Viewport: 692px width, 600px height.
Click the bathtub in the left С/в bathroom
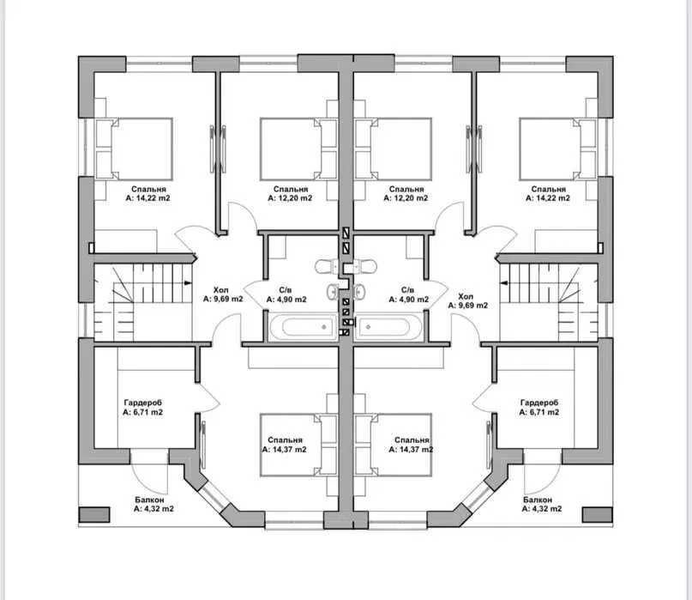[x=304, y=327]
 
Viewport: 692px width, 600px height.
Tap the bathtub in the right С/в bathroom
[x=388, y=327]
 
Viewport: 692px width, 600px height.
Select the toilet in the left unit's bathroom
[x=326, y=266]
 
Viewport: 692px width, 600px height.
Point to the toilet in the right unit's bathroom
[x=365, y=266]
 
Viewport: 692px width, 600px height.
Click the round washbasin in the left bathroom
[x=333, y=291]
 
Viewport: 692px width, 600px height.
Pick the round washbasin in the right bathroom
[x=359, y=291]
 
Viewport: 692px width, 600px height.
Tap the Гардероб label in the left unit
[x=142, y=403]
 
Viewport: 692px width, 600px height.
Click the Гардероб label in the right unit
[x=539, y=403]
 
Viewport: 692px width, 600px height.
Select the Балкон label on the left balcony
[x=149, y=500]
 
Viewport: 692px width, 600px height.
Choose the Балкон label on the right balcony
[x=538, y=500]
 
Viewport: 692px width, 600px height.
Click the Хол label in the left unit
[x=220, y=290]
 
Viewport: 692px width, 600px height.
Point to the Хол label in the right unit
[x=466, y=296]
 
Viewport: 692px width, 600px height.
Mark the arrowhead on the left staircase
[x=189, y=282]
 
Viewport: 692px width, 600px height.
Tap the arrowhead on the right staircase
[x=503, y=282]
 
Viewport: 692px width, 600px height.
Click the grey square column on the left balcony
[x=94, y=515]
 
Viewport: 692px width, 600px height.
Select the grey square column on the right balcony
[x=598, y=515]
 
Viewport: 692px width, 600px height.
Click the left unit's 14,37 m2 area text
[x=284, y=450]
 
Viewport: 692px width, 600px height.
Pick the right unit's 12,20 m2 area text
[x=406, y=198]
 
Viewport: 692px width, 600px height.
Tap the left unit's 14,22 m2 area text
[x=147, y=198]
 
